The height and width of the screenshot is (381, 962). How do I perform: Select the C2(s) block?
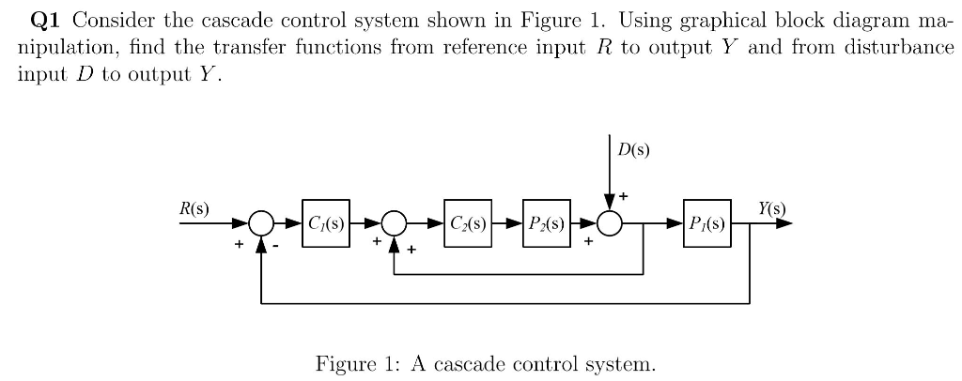[x=468, y=223]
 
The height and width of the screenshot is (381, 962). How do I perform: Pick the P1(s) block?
[x=706, y=223]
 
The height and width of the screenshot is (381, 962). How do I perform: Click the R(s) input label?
[x=194, y=206]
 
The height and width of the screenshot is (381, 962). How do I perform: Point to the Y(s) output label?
[x=769, y=206]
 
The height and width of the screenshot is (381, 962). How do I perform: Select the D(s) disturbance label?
[x=633, y=149]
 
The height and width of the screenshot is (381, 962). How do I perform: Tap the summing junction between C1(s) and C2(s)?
[x=395, y=223]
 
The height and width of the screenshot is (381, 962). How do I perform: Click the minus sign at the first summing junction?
[x=278, y=246]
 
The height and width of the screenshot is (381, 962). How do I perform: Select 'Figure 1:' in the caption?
[x=349, y=361]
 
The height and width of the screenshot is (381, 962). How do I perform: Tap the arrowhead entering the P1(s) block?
[x=677, y=223]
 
